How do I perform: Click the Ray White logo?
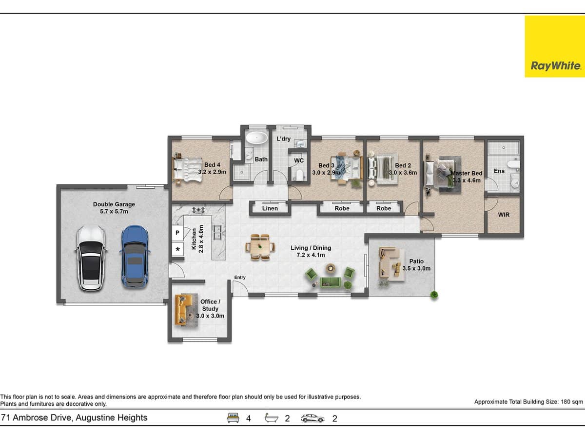(x=554, y=47)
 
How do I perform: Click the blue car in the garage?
(x=134, y=256)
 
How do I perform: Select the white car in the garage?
(x=91, y=258)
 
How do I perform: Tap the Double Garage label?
(x=114, y=204)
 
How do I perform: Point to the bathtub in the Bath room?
(x=256, y=138)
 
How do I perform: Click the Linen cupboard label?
(x=270, y=208)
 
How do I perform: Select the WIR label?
(x=504, y=215)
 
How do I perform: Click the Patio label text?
(x=416, y=261)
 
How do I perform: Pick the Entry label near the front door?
(x=240, y=278)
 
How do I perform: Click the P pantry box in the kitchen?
(x=177, y=233)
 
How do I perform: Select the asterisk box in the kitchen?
(x=177, y=250)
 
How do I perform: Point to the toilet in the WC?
(x=299, y=175)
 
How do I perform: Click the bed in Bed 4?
(x=188, y=168)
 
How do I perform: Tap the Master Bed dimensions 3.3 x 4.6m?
(x=466, y=180)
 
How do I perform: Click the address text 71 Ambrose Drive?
(x=74, y=418)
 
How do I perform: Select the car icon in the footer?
(x=312, y=418)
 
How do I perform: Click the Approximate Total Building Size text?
(x=528, y=402)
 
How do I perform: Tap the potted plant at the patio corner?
(x=433, y=294)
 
